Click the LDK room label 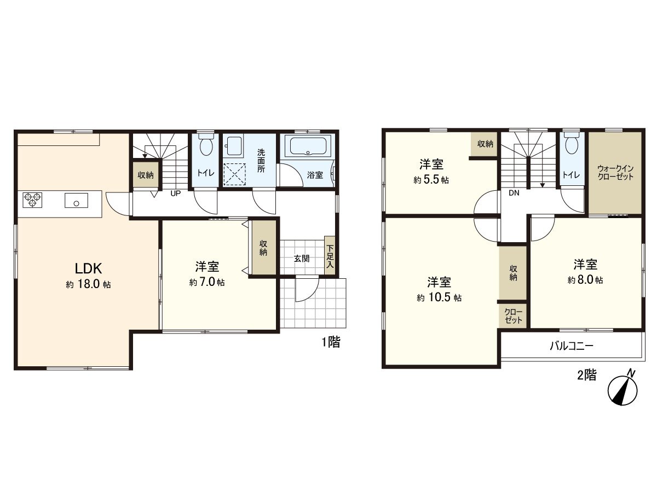click(x=88, y=268)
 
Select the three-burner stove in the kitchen click(x=32, y=200)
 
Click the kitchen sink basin click(x=76, y=200)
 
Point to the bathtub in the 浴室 click(x=308, y=145)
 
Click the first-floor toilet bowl click(x=206, y=144)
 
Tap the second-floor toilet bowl click(x=572, y=144)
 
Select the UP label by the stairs click(x=175, y=194)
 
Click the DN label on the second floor click(x=514, y=193)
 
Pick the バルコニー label click(x=572, y=346)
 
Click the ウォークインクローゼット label click(x=615, y=172)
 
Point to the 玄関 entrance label click(x=302, y=259)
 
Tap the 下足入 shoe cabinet click(x=330, y=256)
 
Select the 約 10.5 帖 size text click(x=439, y=298)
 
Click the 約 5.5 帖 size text click(x=431, y=180)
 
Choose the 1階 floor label click(x=331, y=342)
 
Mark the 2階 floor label click(x=587, y=375)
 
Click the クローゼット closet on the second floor click(x=514, y=316)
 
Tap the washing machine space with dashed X click(x=235, y=174)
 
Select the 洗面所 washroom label click(x=261, y=161)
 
